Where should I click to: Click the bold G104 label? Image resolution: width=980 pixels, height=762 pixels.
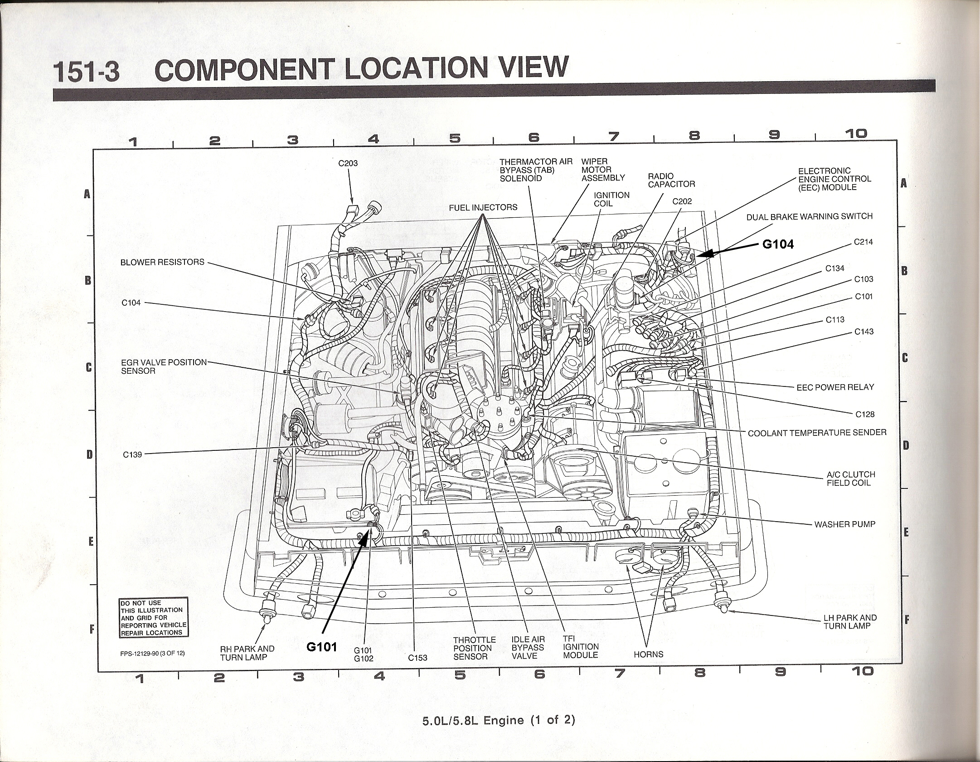(778, 244)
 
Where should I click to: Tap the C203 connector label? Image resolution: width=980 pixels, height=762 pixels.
(348, 163)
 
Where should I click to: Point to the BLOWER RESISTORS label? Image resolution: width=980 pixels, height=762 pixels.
(162, 262)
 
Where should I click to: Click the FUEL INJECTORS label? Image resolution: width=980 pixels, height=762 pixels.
(483, 207)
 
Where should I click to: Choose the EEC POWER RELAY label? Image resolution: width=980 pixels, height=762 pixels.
(835, 387)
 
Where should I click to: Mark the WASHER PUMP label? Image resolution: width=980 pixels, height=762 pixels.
(845, 524)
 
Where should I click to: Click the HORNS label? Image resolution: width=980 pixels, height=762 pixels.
(649, 655)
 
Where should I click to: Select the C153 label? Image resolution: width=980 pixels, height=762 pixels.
(417, 658)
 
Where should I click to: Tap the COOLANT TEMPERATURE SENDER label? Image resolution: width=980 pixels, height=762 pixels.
(817, 433)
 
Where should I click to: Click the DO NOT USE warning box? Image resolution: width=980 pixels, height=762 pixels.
(154, 618)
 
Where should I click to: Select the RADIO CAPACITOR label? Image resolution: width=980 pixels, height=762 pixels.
(671, 180)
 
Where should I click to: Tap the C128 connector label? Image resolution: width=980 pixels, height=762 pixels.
(865, 414)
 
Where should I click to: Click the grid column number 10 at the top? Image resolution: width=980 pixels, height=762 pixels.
(856, 133)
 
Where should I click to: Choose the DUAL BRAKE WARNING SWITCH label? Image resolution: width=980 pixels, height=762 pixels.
(810, 217)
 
